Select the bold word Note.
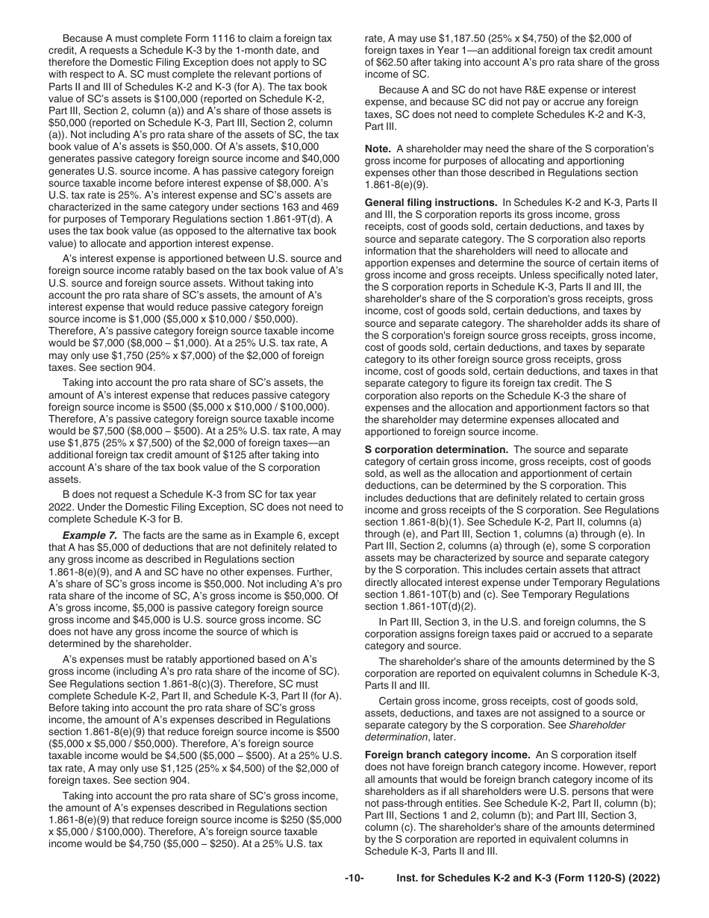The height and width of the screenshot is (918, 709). click(378, 149)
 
